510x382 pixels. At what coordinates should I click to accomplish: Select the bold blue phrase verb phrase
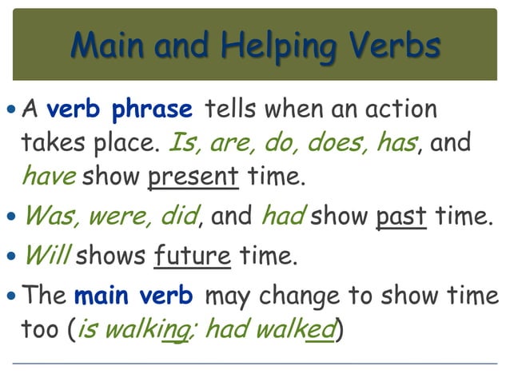point(119,109)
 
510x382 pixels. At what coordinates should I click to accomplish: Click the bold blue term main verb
point(133,296)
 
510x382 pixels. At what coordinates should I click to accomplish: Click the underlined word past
point(401,215)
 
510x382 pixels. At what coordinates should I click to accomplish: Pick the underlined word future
point(193,256)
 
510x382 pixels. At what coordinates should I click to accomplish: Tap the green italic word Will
point(46,256)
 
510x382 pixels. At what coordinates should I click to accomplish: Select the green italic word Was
point(53,215)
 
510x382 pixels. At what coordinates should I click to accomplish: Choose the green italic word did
point(181,215)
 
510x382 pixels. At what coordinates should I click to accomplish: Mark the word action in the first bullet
point(399,109)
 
